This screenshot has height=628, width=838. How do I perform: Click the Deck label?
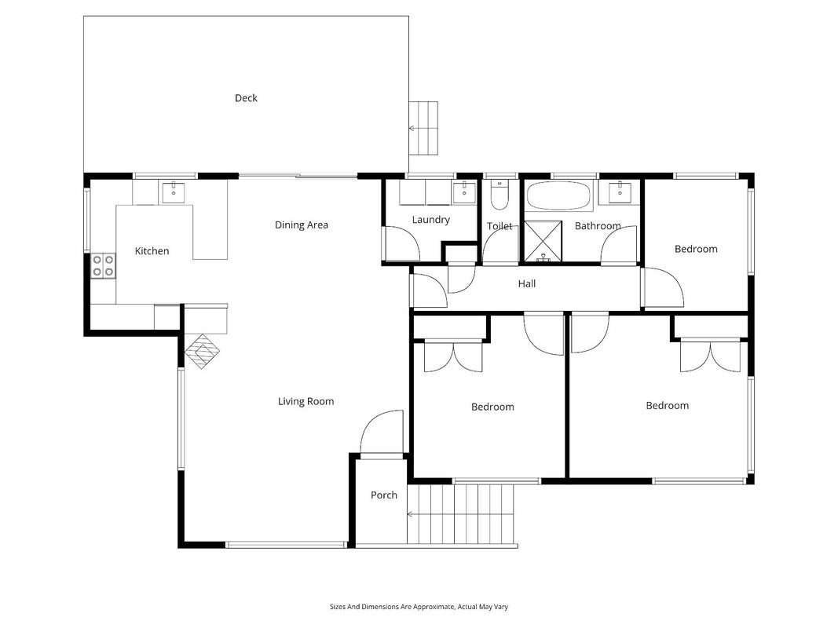point(246,97)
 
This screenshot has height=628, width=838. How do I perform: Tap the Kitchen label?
point(152,251)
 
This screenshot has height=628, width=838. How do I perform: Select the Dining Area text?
point(302,225)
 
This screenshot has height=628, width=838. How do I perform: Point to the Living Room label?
point(306,402)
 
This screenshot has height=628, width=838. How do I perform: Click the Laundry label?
point(430,220)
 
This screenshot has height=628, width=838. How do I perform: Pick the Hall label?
point(526,283)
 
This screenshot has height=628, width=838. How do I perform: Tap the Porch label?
point(384,495)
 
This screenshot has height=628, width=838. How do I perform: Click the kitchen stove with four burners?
point(103,265)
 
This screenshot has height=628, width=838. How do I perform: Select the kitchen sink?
point(174,193)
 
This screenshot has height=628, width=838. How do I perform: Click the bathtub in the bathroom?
point(559,195)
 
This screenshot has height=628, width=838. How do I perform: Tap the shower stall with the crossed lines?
point(543,241)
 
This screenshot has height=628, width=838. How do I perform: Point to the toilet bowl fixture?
point(500,195)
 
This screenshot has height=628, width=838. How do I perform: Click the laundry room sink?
point(464,192)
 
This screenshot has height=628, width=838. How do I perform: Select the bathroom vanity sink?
point(620,193)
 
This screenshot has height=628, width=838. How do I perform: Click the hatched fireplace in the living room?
point(203,352)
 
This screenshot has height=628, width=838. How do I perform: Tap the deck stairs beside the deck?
point(424,128)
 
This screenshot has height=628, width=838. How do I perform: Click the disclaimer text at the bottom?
point(419,607)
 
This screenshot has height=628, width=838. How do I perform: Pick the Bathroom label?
point(598,226)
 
